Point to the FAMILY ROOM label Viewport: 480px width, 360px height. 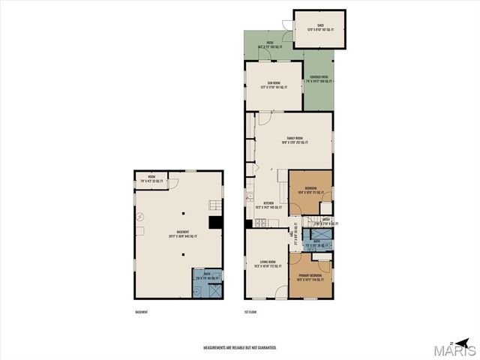pyautogui.click(x=294, y=139)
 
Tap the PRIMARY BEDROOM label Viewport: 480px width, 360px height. pyautogui.click(x=310, y=275)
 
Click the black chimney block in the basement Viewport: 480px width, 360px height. pyautogui.click(x=215, y=222)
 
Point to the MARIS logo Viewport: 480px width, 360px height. pyautogui.click(x=456, y=349)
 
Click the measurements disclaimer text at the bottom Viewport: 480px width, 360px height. pyautogui.click(x=240, y=348)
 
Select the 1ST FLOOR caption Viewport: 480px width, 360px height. pyautogui.click(x=251, y=311)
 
